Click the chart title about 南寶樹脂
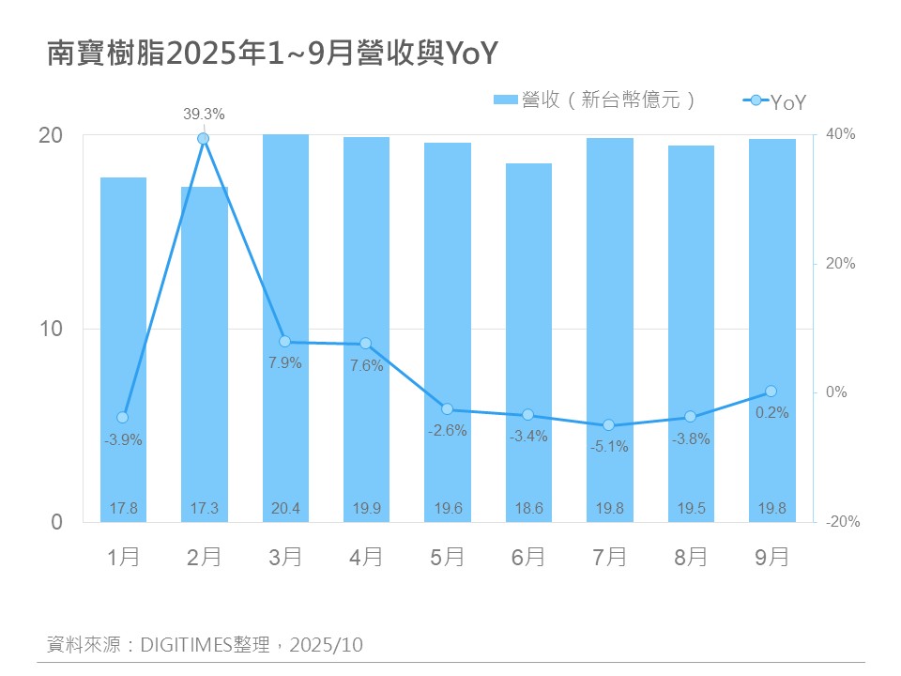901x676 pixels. point(271,54)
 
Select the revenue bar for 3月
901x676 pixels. point(285,329)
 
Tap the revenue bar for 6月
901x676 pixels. point(528,343)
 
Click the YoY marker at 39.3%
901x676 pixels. point(203,139)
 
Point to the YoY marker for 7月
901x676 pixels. point(608,425)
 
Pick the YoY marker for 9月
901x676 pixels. point(771,391)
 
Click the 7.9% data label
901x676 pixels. point(285,363)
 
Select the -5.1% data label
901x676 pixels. point(609,447)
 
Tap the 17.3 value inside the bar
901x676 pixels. point(204,508)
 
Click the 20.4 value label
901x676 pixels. point(285,508)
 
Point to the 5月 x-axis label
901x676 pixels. point(448,557)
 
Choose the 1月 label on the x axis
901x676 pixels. point(123,557)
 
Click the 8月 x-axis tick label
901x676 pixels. point(691,557)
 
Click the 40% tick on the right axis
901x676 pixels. point(841,135)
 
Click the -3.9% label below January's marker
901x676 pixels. point(123,439)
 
